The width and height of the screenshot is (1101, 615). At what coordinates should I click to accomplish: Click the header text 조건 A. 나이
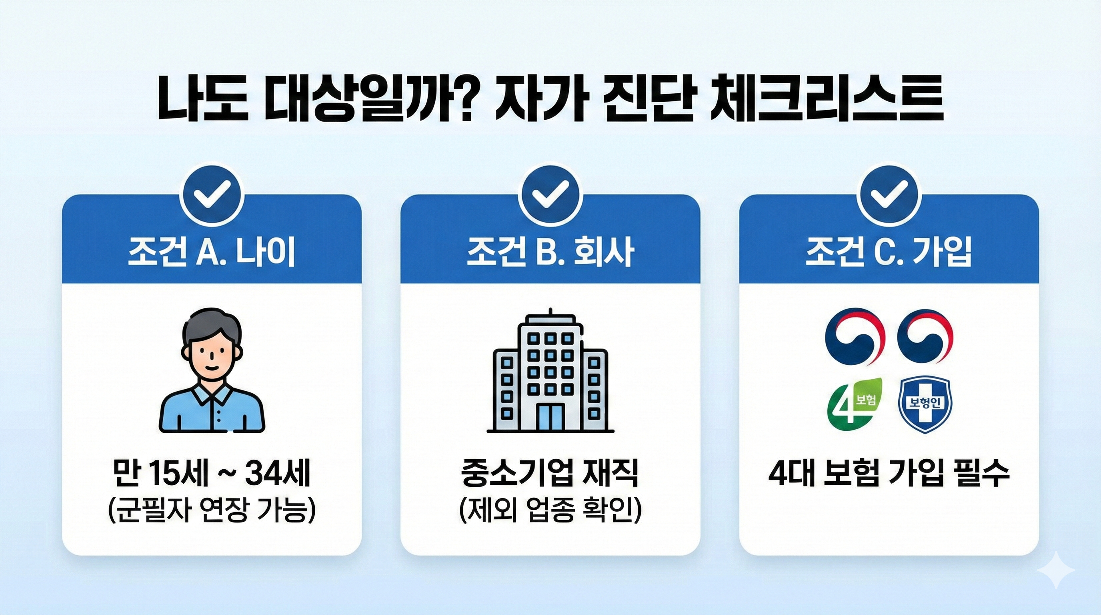point(212,252)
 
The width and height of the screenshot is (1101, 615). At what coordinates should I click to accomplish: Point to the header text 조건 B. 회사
point(550,252)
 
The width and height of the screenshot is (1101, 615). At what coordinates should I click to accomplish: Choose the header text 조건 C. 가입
point(889,252)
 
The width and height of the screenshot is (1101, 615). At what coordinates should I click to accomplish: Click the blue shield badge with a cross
point(925,404)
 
